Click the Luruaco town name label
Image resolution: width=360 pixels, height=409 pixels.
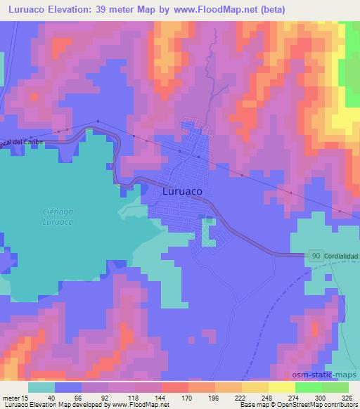click(183, 190)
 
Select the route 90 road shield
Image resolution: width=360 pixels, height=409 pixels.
click(316, 258)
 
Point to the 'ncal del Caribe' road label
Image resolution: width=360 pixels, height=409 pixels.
click(16, 142)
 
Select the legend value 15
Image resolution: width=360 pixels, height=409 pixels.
click(25, 398)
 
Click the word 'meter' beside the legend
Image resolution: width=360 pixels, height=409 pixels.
click(10, 398)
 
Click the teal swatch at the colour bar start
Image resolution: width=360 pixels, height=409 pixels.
click(41, 387)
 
